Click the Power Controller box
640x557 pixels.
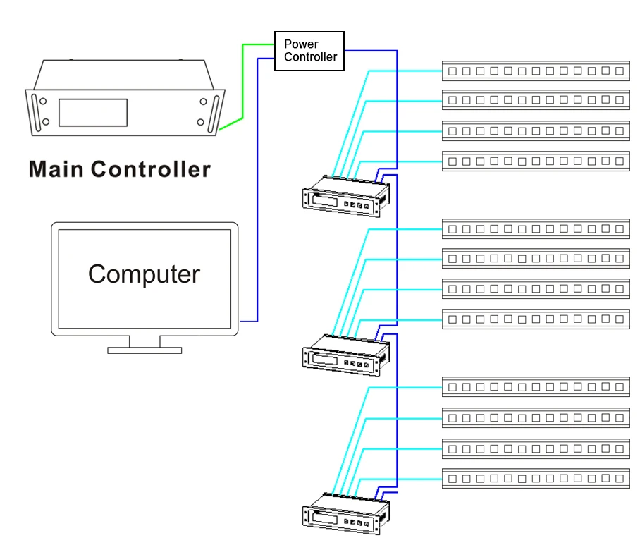pyautogui.click(x=309, y=51)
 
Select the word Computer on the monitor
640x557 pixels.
pyautogui.click(x=144, y=274)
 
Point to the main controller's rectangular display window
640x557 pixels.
pyautogui.click(x=92, y=113)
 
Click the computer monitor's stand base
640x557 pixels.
pyautogui.click(x=144, y=350)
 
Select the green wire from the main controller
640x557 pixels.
pyautogui.click(x=243, y=85)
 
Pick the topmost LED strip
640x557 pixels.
pyautogui.click(x=536, y=71)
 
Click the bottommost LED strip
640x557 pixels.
pyautogui.click(x=536, y=479)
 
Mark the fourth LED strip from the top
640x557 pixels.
pyautogui.click(x=536, y=161)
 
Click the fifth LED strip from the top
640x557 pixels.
pyautogui.click(x=536, y=229)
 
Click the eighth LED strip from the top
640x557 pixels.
pyautogui.click(x=536, y=319)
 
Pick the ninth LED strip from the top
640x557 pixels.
pyautogui.click(x=536, y=387)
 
